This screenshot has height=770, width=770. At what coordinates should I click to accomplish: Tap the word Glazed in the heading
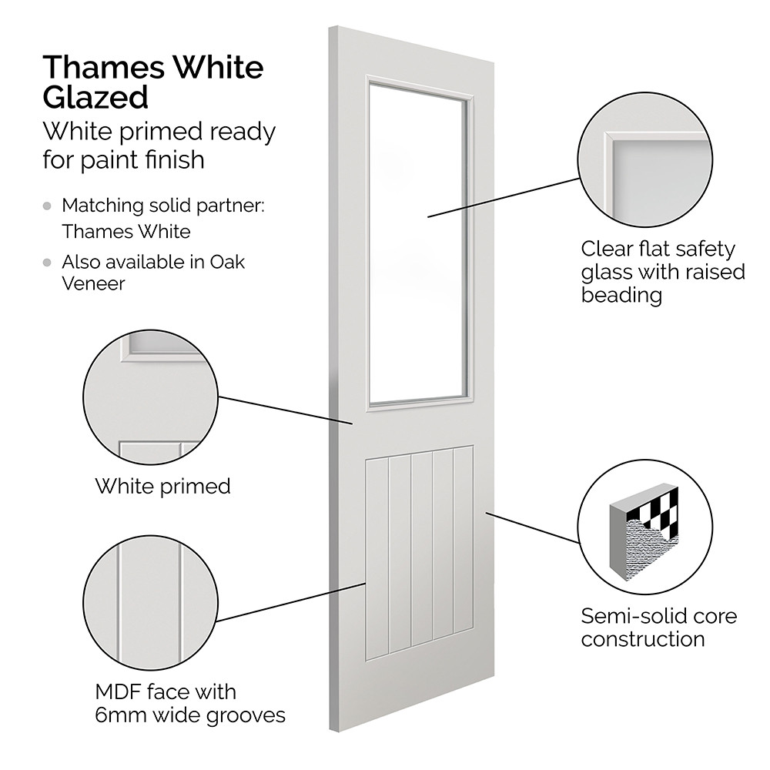pos(95,98)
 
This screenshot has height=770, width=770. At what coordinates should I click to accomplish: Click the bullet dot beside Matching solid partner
pos(49,206)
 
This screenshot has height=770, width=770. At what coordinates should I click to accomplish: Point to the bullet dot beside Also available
pos(49,262)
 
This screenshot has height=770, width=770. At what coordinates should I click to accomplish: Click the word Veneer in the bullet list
pos(93,283)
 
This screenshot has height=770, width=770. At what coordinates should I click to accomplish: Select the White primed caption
pos(162,486)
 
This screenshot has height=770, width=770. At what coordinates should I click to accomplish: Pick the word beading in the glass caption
pos(621,296)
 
